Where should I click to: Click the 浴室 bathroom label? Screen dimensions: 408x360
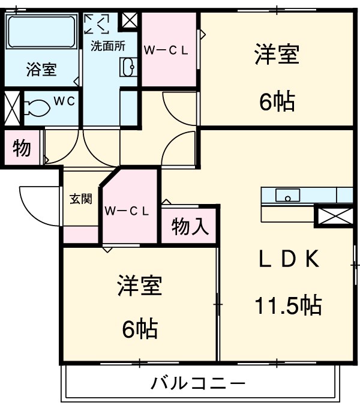coord(41,70)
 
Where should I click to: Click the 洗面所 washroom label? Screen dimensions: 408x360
coord(107,46)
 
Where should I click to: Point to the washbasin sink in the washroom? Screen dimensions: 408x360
coord(128,68)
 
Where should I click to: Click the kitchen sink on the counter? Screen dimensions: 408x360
coord(288,195)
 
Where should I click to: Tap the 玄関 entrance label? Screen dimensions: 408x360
coord(80,199)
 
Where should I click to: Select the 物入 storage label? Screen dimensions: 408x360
coord(190,227)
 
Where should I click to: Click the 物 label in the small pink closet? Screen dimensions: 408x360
coord(22,148)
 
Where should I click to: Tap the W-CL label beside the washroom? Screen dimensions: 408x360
coord(166,50)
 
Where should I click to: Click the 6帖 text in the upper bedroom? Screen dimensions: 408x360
coord(277,103)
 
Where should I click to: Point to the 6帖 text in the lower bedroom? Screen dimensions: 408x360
coord(140,328)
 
